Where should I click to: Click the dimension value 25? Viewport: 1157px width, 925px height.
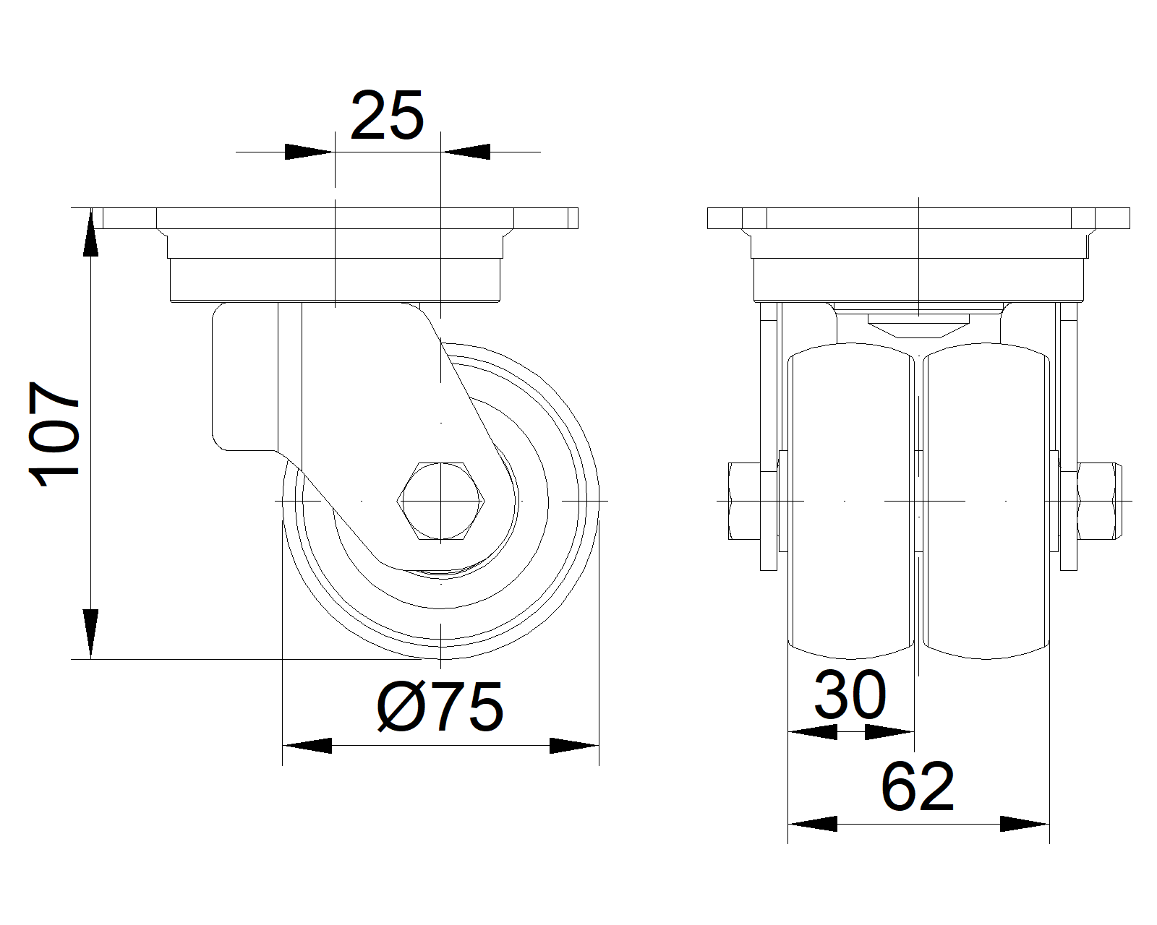387,116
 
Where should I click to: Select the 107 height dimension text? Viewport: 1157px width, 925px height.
54,434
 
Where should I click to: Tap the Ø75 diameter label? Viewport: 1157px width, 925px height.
440,707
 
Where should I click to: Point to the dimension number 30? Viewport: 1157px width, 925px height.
850,695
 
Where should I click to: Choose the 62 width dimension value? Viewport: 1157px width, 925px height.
918,786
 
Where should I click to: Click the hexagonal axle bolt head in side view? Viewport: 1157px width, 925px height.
440,500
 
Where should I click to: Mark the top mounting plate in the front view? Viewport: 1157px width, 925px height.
918,218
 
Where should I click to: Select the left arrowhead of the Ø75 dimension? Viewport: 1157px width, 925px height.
307,745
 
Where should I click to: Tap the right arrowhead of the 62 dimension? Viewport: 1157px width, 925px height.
1025,823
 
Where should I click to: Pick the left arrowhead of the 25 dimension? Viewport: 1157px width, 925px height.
309,152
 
